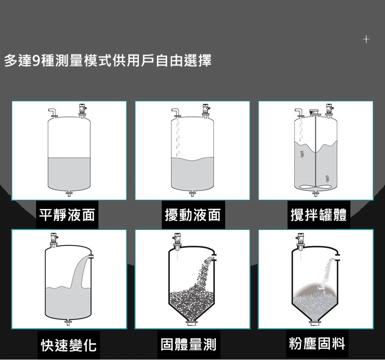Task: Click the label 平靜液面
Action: click(67, 215)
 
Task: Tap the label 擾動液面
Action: click(193, 215)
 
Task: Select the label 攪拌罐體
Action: click(318, 215)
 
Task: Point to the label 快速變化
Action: click(69, 345)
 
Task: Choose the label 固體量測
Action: click(188, 344)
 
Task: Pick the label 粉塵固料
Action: click(317, 343)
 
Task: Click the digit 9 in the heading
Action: click(37, 60)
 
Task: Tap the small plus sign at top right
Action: click(366, 39)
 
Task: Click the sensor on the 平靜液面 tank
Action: click(83, 110)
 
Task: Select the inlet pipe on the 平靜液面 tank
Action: click(53, 113)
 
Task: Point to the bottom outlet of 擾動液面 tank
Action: click(192, 194)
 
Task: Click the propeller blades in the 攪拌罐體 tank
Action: click(315, 187)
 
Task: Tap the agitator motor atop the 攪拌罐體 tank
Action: click(315, 113)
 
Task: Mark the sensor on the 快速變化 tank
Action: click(54, 240)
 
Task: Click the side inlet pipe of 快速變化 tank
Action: click(91, 256)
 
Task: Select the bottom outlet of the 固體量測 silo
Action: click(192, 323)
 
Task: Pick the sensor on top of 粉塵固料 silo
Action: click(300, 242)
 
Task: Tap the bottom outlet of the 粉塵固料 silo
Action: click(315, 323)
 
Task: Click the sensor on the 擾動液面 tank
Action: click(206, 110)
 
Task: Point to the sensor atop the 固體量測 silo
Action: click(177, 242)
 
